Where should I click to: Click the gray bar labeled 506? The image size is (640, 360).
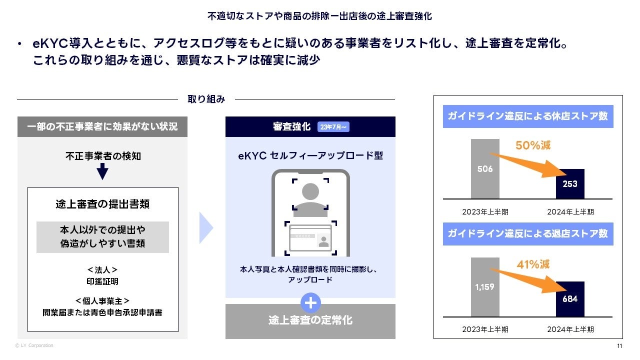484,168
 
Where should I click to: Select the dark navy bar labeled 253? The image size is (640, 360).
569,183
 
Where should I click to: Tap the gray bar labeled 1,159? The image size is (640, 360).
484,287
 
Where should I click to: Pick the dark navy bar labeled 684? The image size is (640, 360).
569,298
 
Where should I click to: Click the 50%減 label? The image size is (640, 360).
532,146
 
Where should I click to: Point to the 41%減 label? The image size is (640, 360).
532,264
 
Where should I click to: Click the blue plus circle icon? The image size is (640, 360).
310,303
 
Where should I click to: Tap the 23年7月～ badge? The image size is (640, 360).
333,127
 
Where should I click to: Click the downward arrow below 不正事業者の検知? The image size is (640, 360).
102,172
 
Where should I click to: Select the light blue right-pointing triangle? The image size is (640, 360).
206,228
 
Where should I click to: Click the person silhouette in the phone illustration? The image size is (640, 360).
310,197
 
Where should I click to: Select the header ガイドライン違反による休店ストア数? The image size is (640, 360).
528,116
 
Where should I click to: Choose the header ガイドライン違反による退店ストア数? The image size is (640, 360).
528,233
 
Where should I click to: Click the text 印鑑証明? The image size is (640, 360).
102,281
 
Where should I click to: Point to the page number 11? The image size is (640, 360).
619,346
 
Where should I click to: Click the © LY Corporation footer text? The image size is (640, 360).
34,345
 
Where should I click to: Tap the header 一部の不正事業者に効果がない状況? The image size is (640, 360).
102,127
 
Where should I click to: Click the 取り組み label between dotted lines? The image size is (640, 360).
206,99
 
